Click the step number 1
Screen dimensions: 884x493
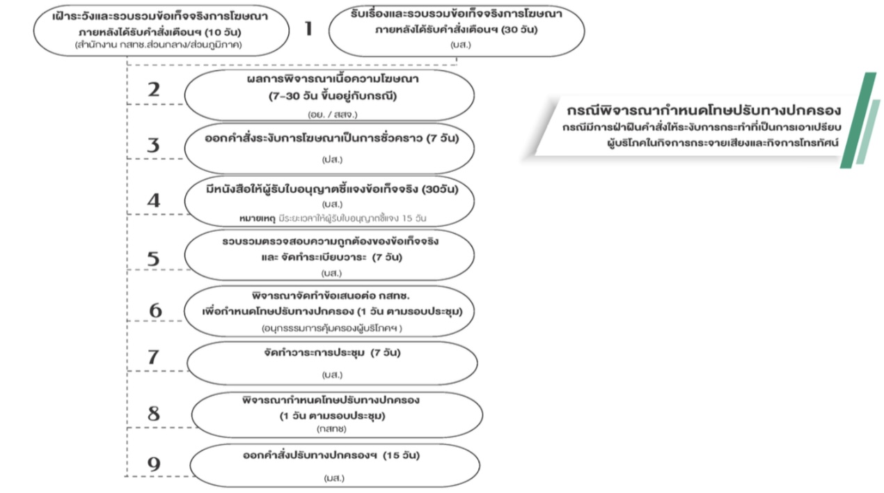(308, 29)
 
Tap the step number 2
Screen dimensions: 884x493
(154, 90)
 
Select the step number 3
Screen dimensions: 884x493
(154, 146)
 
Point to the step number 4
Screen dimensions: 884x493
(154, 201)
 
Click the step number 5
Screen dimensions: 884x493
(154, 259)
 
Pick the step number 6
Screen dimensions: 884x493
(155, 311)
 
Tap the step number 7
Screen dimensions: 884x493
(154, 357)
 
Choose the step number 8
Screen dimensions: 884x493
(154, 414)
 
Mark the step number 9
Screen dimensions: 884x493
(154, 464)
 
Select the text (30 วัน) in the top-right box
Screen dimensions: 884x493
(519, 30)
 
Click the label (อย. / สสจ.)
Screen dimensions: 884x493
(332, 114)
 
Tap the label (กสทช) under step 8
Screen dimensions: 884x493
(331, 429)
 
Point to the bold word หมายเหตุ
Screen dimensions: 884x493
(258, 218)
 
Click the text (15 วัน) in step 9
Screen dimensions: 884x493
(402, 455)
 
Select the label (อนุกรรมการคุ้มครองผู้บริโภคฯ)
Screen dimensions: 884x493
(332, 328)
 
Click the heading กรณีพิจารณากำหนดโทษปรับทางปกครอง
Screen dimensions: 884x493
(704, 111)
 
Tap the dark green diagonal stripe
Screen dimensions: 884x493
(858, 120)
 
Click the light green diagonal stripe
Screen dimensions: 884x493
(869, 132)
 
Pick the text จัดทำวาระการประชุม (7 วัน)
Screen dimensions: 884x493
(332, 352)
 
